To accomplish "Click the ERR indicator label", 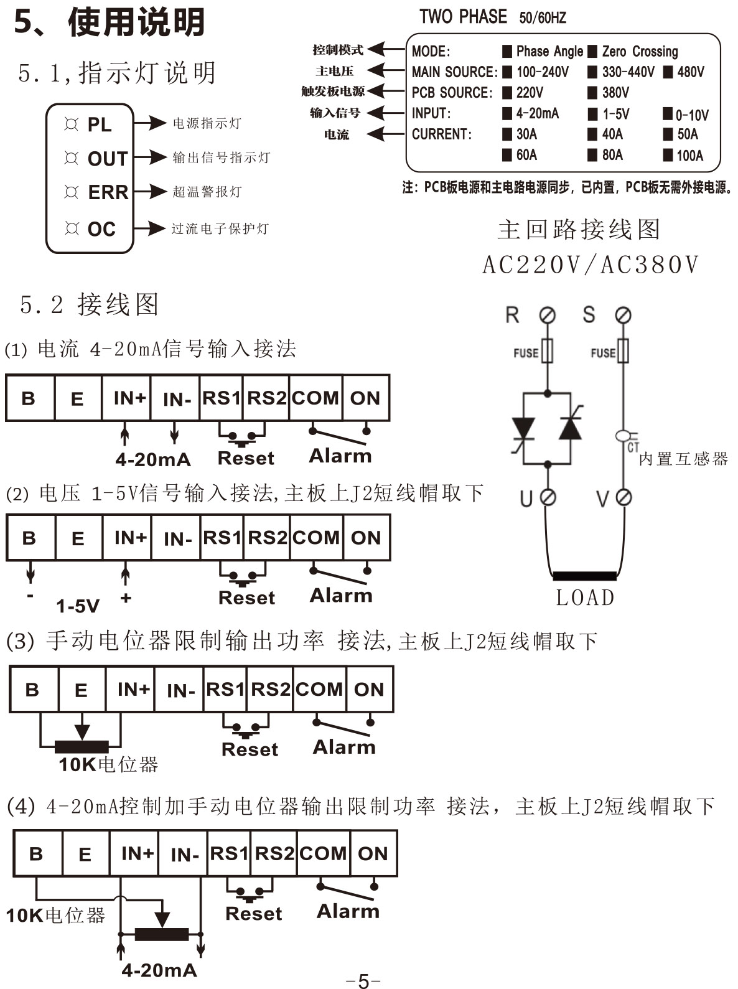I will click(108, 192).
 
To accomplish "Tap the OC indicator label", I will click(101, 229).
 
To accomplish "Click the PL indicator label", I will click(100, 125).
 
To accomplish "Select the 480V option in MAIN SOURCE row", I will click(684, 72).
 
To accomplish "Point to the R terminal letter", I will click(512, 315).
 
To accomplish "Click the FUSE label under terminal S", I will click(602, 353).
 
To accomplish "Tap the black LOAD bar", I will click(584, 576).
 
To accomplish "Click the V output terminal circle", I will click(623, 497).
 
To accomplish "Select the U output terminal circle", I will click(548, 497).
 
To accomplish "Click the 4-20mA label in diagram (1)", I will click(153, 459).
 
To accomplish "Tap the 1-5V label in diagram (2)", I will click(78, 605).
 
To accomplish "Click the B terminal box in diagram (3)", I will click(32, 689).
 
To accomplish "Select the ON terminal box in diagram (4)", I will click(373, 853).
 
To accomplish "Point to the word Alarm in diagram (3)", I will click(344, 747).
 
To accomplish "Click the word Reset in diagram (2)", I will click(246, 598).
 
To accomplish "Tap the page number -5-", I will click(363, 980).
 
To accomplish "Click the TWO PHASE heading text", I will click(463, 17).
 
